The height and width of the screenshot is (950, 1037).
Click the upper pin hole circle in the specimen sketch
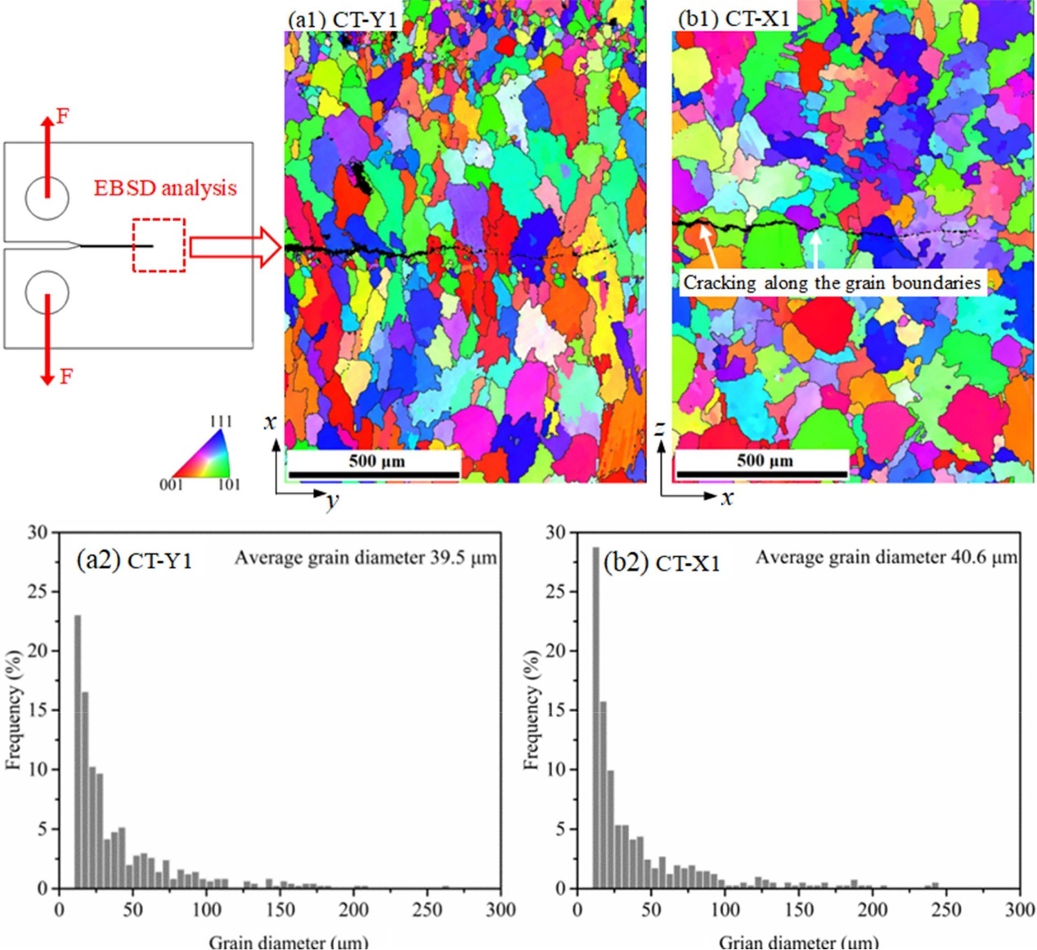tap(47, 198)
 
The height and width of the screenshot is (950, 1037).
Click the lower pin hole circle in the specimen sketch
tap(47, 292)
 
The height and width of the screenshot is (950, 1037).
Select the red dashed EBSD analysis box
tap(159, 245)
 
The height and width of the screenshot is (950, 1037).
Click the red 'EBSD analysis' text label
tap(164, 188)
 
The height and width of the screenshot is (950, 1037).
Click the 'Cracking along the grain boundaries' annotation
tap(832, 283)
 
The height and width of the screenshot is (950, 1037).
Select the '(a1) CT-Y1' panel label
tap(342, 19)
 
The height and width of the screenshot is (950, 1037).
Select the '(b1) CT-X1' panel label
tap(734, 19)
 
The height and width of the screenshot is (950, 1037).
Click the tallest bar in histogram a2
tap(78, 752)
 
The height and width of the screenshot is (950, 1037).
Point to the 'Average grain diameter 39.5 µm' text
tap(366, 558)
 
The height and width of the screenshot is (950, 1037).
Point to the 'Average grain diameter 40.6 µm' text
tap(886, 558)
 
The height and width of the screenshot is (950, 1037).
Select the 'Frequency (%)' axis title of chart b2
tap(532, 710)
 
